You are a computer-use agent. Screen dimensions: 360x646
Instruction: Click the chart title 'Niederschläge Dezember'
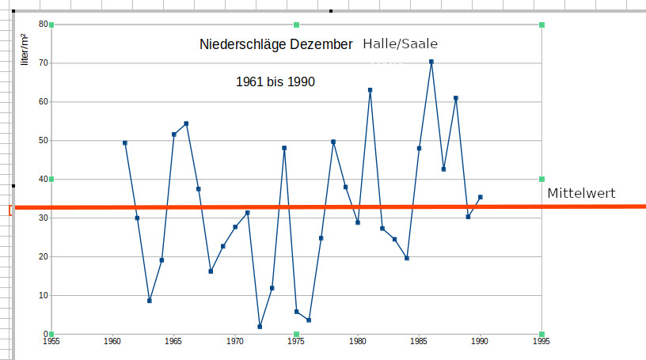[x=276, y=45]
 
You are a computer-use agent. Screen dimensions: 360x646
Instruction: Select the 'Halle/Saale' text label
[x=400, y=44]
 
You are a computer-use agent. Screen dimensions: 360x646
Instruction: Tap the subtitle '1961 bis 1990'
[x=275, y=81]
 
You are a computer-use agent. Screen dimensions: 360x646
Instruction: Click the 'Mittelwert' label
[x=581, y=193]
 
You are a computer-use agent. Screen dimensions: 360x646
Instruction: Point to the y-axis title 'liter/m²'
[x=25, y=48]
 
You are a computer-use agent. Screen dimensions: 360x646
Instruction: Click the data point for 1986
[x=431, y=62]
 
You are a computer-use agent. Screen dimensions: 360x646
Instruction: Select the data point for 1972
[x=260, y=327]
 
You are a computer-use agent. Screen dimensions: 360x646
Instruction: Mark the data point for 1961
[x=125, y=143]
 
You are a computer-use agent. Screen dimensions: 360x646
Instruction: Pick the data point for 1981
[x=370, y=90]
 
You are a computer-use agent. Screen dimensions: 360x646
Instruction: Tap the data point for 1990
[x=481, y=197]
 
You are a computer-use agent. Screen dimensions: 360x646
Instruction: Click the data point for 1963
[x=150, y=301]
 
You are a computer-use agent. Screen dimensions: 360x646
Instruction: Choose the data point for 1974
[x=284, y=148]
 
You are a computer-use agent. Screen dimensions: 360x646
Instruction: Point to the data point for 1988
[x=456, y=98]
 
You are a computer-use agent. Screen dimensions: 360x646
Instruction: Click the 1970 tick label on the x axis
[x=235, y=342]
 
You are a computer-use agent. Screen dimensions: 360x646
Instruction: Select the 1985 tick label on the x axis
[x=419, y=342]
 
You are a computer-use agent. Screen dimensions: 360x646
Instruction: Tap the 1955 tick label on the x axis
[x=51, y=342]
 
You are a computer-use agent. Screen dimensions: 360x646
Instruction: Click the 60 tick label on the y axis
[x=44, y=101]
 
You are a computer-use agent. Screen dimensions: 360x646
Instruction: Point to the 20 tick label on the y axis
[x=44, y=256]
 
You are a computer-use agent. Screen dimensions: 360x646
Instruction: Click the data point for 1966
[x=186, y=123]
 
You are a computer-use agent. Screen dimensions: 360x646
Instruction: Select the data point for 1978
[x=333, y=142]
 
